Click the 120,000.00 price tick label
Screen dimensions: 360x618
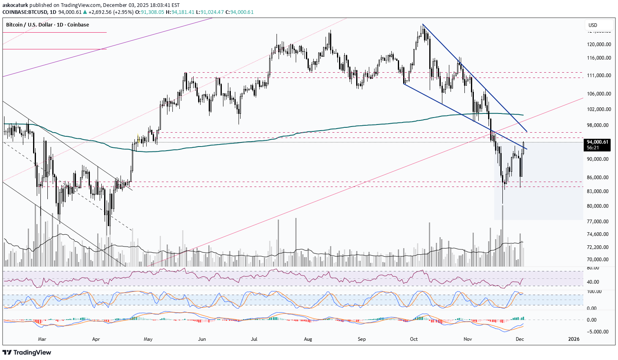599,44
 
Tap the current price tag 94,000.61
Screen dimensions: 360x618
597,142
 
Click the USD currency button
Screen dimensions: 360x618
593,25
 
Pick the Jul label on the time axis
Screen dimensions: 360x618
254,339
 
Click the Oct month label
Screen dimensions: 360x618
414,339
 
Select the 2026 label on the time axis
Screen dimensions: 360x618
574,339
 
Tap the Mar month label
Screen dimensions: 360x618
42,339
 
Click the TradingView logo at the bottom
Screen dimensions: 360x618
27,352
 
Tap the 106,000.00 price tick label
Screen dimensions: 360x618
599,94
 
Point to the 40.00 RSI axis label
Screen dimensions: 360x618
593,282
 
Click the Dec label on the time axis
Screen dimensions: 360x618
520,339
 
